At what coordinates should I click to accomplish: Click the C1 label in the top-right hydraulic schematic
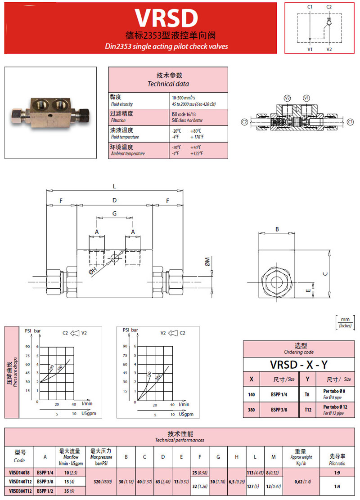click(x=310, y=7)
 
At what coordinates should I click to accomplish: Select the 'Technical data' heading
click(x=168, y=84)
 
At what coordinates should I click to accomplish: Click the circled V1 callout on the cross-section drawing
click(x=306, y=98)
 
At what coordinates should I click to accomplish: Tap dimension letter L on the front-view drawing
click(x=114, y=186)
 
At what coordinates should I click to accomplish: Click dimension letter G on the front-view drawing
click(x=115, y=214)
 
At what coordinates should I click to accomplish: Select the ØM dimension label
click(x=207, y=262)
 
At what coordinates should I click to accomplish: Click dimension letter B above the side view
click(x=277, y=229)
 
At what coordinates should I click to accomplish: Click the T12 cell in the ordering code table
click(x=307, y=410)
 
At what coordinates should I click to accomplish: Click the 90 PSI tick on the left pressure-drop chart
click(x=28, y=347)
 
